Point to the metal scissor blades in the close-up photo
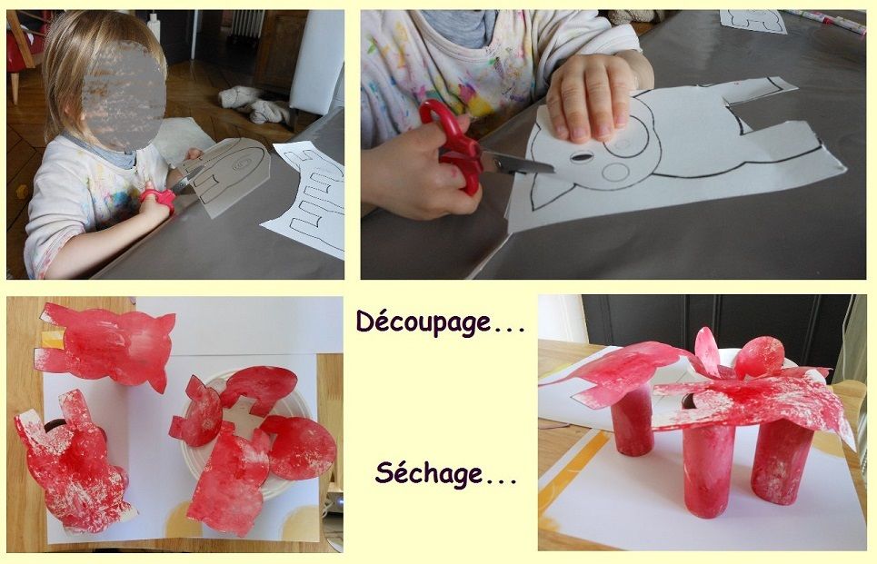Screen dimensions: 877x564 pyautogui.click(x=517, y=163)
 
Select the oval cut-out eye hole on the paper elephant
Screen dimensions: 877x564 pyautogui.click(x=581, y=157)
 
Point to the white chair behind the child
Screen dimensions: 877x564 pyautogui.click(x=317, y=62)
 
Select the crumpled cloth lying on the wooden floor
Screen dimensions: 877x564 pyautogui.click(x=254, y=105)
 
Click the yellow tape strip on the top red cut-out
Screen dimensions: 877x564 pyautogui.click(x=53, y=339)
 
